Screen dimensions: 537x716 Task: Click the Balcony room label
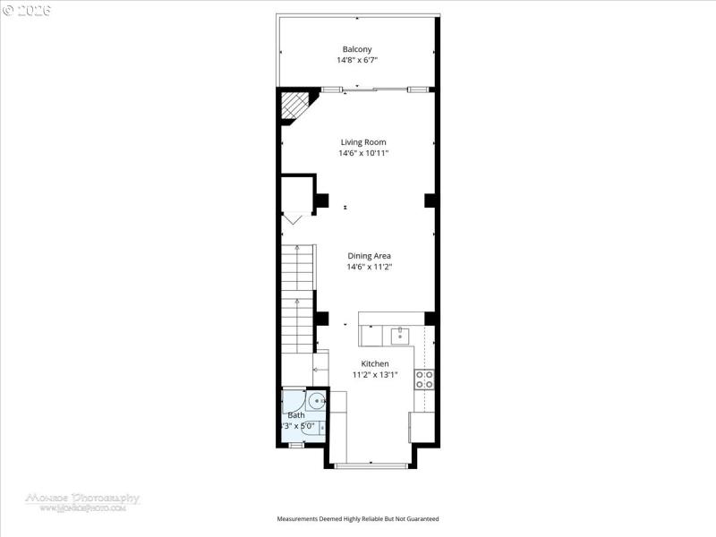(x=357, y=49)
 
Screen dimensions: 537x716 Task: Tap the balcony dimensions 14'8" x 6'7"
(x=357, y=61)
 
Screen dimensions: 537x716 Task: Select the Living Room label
(x=363, y=141)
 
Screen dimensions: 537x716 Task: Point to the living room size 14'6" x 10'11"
(x=363, y=153)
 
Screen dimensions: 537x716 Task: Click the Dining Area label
(x=369, y=255)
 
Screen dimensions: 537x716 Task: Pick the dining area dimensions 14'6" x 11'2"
(x=369, y=267)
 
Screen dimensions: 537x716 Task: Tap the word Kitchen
(x=374, y=363)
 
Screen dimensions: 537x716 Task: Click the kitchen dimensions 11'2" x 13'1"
(x=374, y=375)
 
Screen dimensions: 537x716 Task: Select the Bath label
(x=295, y=415)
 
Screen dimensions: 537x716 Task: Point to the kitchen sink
(x=400, y=336)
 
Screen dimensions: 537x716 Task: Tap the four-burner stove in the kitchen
(x=424, y=379)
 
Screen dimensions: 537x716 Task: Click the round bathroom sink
(x=316, y=401)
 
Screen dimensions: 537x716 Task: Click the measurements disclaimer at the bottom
(x=357, y=519)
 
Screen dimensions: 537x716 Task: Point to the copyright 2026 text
(x=27, y=10)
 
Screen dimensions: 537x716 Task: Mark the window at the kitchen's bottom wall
(x=371, y=465)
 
